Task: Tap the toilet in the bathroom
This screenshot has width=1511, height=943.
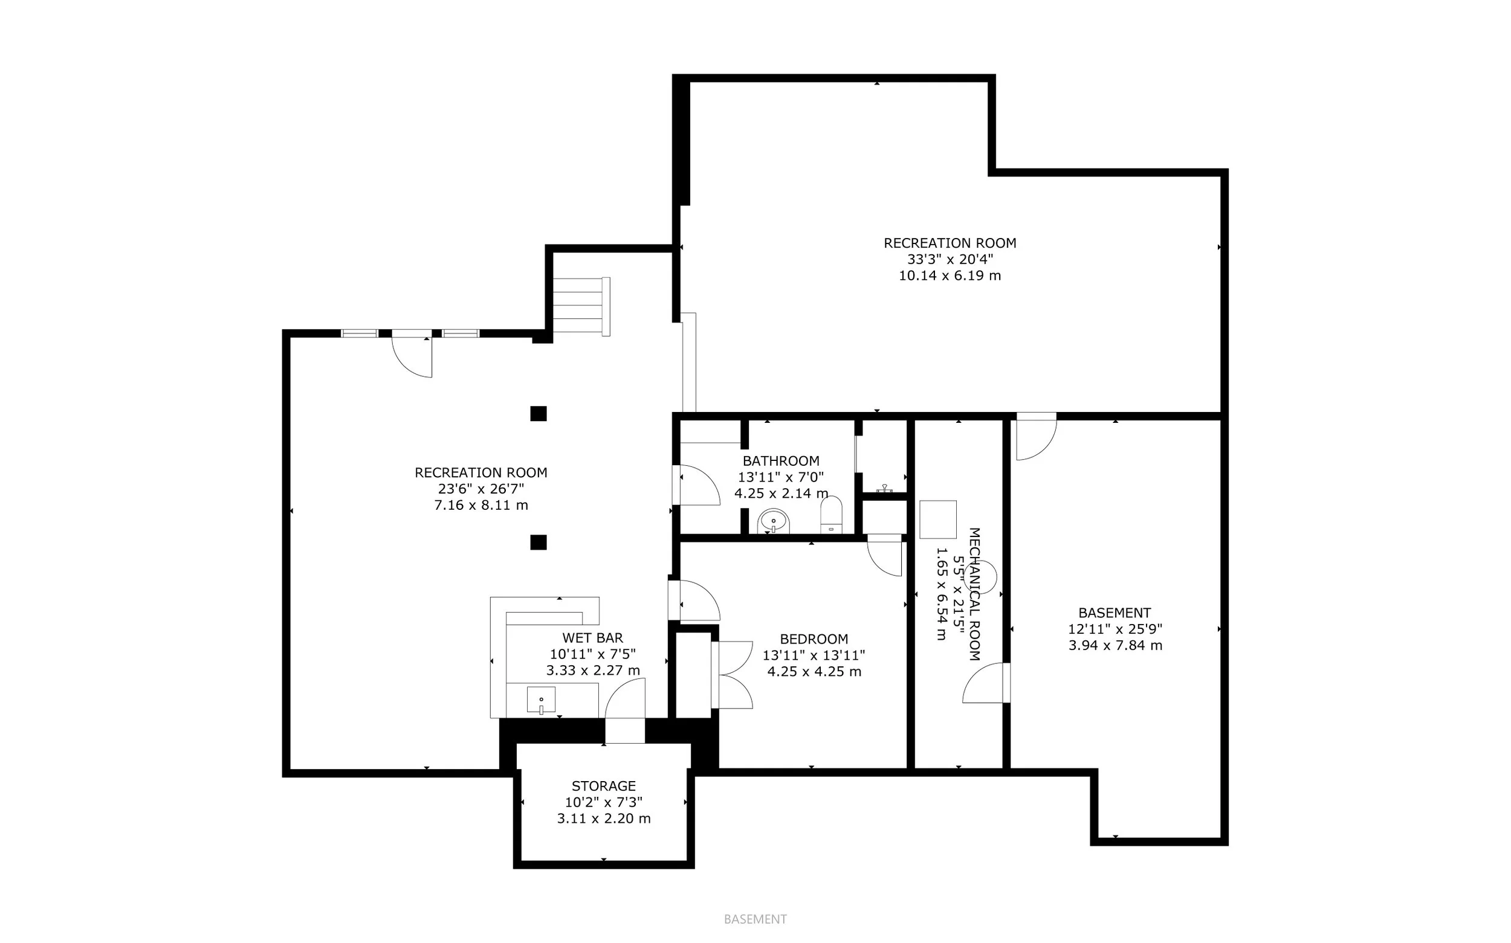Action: [831, 515]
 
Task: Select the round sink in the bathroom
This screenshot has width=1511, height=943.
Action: [774, 521]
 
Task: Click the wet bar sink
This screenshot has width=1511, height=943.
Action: [541, 700]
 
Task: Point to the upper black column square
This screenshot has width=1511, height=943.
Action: [539, 413]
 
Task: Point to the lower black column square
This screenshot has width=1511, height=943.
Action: [539, 542]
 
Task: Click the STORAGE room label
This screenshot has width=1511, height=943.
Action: [603, 786]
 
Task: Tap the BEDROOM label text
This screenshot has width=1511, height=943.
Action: [814, 639]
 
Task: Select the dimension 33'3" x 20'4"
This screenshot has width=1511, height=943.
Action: [950, 259]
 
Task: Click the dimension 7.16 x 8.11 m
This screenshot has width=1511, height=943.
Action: [481, 504]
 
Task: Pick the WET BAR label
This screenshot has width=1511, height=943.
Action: [592, 637]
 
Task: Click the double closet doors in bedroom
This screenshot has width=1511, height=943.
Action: [734, 675]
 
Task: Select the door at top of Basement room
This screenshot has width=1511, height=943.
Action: [1035, 437]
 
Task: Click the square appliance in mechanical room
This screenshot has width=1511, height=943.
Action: [937, 519]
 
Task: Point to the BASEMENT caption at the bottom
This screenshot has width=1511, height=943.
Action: [755, 919]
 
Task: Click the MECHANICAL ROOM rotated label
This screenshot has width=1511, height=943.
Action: [973, 594]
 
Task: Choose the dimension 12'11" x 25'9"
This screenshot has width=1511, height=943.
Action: [1115, 629]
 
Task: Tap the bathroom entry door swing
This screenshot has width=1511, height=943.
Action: [698, 485]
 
